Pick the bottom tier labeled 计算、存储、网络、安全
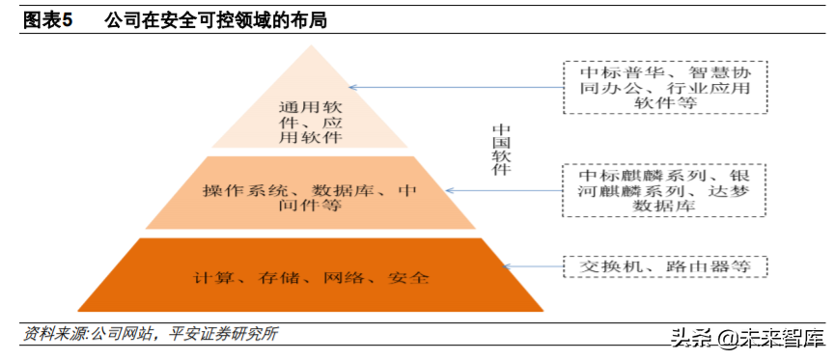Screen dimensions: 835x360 coord(311,276)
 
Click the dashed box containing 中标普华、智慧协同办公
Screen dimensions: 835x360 coord(665,87)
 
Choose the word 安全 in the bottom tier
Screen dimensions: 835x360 coord(407,277)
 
